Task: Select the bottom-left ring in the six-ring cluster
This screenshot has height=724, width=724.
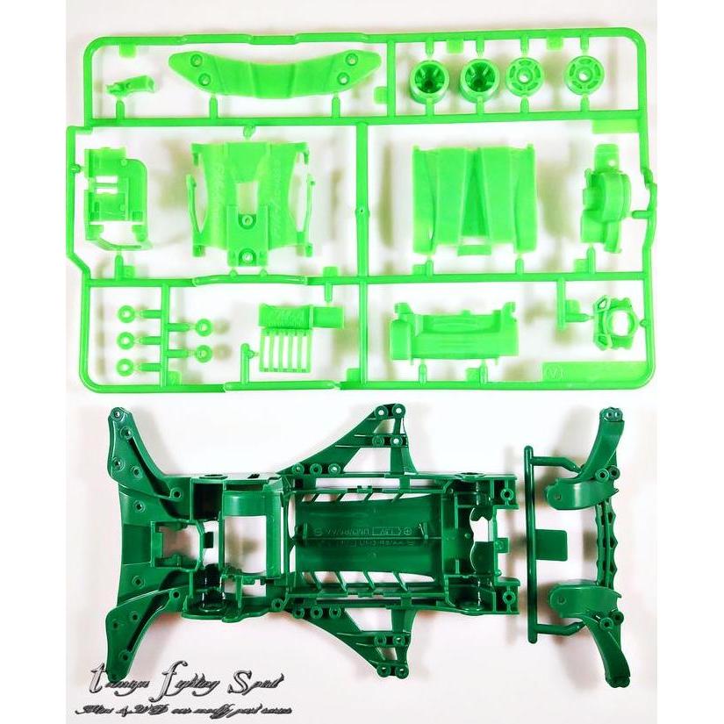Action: (125, 364)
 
